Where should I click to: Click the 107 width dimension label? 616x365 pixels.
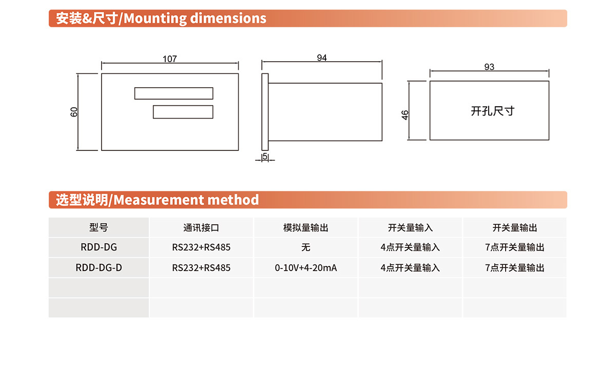[170, 59]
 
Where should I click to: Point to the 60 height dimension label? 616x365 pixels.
[74, 112]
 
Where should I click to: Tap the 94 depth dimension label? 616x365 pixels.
[322, 58]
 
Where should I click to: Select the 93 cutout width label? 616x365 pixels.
[489, 67]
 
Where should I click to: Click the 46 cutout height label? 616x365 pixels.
[405, 115]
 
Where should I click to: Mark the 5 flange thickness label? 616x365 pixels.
[265, 156]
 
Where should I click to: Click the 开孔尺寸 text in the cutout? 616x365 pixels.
[492, 111]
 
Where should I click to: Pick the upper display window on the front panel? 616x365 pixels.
[174, 93]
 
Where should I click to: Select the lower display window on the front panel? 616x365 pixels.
[183, 112]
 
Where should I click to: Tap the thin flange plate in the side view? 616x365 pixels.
[265, 112]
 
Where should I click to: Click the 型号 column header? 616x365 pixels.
[99, 227]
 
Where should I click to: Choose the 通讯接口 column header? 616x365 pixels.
[201, 228]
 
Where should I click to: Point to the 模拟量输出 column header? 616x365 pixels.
[306, 228]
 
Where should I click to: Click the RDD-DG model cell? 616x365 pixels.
[99, 247]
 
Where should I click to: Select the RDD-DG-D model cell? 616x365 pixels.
[99, 267]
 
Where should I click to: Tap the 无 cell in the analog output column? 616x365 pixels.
[306, 247]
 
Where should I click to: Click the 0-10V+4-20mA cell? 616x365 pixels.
[306, 267]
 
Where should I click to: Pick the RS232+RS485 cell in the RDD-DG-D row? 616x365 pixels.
[201, 267]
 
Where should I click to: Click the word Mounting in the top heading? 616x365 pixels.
[156, 18]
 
